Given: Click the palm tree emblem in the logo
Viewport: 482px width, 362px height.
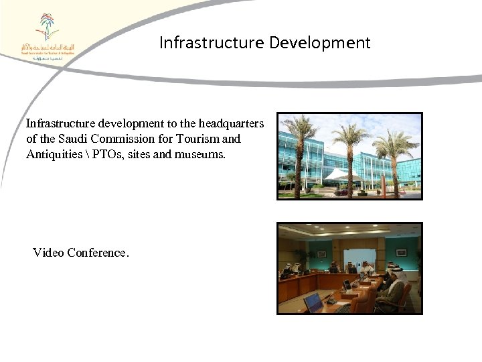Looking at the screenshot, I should [47, 27].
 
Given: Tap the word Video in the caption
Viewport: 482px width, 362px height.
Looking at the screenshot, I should [48, 253].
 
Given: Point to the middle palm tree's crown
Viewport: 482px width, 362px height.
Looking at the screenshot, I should [349, 134].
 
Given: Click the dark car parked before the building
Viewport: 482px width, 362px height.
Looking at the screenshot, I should [342, 192].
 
